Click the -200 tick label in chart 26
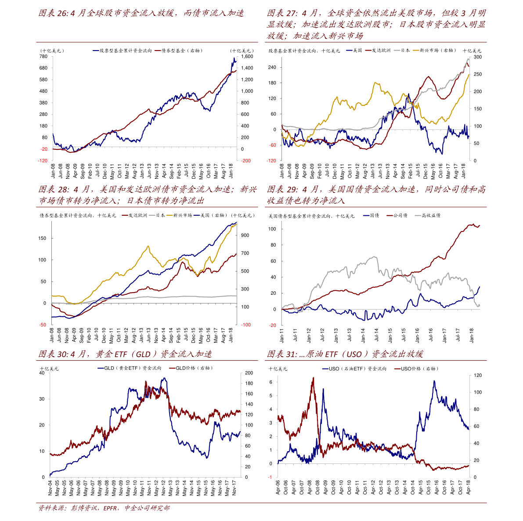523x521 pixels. [x=246, y=161]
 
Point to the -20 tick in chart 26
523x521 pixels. [x=44, y=149]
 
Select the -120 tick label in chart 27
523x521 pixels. [x=272, y=161]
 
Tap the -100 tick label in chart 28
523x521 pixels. [x=246, y=325]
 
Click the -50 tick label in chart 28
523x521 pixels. [x=43, y=325]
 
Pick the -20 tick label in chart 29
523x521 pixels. [x=273, y=326]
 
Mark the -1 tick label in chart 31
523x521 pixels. [x=270, y=477]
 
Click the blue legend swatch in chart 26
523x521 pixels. [x=96, y=51]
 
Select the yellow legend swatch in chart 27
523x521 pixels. [x=416, y=51]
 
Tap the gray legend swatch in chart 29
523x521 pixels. [x=418, y=215]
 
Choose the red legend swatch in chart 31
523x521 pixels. [x=397, y=369]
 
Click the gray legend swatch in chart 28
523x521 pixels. [x=152, y=215]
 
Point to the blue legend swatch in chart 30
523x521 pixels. [x=101, y=368]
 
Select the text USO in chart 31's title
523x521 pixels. [x=353, y=354]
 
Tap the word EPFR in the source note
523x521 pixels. [x=110, y=508]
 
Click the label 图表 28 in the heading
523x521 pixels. [x=54, y=190]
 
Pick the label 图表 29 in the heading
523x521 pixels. [x=282, y=190]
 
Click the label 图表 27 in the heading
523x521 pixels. [x=282, y=13]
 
